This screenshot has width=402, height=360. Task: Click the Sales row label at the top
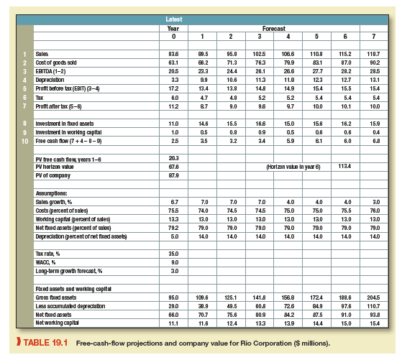42,54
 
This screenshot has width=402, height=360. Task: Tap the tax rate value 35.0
173,254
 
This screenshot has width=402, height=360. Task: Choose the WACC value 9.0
173,262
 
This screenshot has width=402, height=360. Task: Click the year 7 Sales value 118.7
376,54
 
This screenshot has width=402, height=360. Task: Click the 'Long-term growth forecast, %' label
66,270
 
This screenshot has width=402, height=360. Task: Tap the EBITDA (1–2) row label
51,70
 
